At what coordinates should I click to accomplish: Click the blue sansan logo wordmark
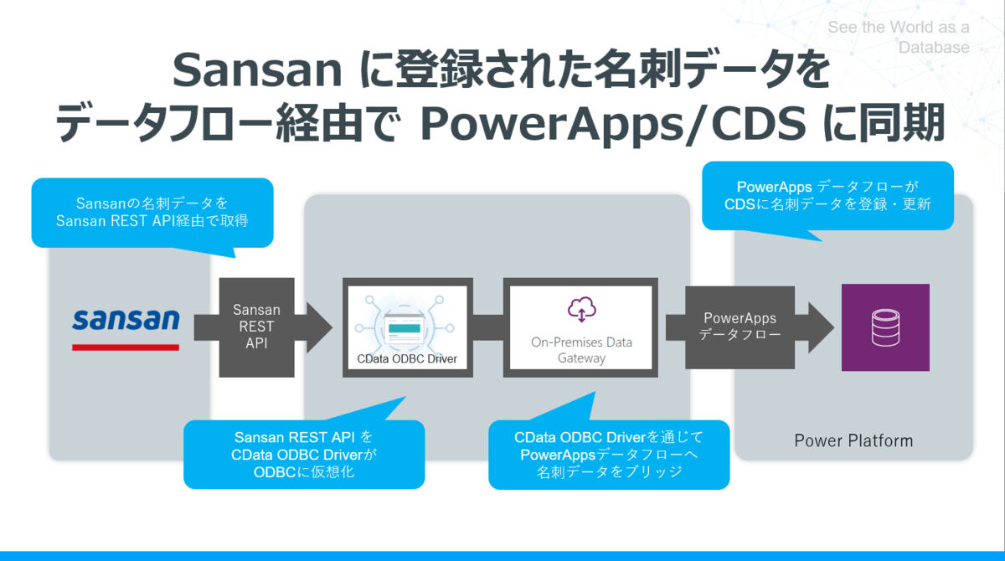(x=126, y=319)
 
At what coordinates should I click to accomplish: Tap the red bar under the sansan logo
(x=126, y=347)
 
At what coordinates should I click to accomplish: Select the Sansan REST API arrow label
(x=256, y=327)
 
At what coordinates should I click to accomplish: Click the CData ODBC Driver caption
(x=407, y=358)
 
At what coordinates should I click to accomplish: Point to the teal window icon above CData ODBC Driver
(x=404, y=329)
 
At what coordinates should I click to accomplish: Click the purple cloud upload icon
(x=581, y=308)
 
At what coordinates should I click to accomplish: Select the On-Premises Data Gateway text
(x=581, y=350)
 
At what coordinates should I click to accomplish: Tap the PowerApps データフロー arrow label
(x=740, y=326)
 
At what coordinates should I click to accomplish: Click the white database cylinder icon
(x=885, y=328)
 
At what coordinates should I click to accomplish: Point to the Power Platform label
(x=853, y=440)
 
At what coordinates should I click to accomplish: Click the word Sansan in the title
(x=258, y=70)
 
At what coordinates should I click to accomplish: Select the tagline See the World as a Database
(x=899, y=37)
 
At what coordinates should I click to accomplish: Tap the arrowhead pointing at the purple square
(x=821, y=327)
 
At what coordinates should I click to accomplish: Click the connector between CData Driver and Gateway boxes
(x=488, y=327)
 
